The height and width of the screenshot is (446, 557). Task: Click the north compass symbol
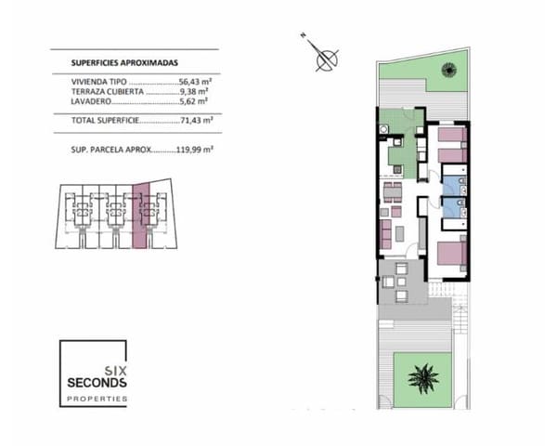[x=327, y=59]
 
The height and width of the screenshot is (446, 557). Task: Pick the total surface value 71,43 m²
[x=196, y=121]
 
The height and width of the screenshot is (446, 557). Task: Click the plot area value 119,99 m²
[x=193, y=150]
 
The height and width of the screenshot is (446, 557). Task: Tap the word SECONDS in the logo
[x=97, y=382]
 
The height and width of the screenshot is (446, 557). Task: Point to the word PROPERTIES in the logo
[x=97, y=398]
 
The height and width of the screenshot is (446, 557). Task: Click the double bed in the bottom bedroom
[x=447, y=254]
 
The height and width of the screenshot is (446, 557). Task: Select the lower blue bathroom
[x=452, y=208]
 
